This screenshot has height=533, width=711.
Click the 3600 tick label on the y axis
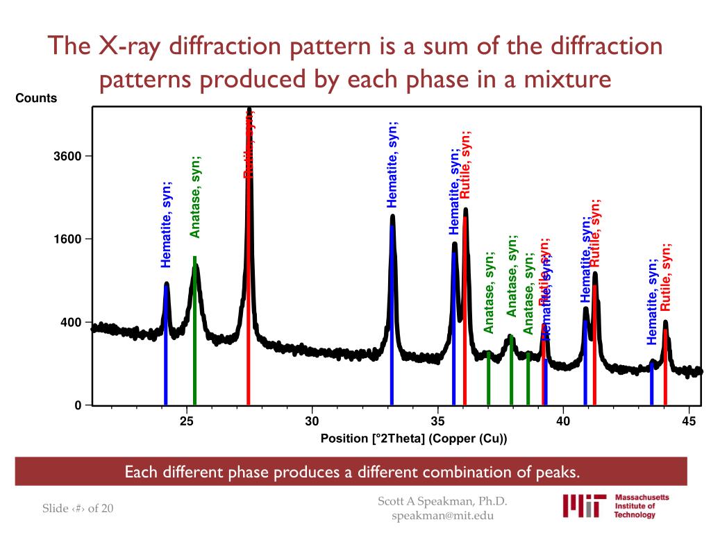(x=68, y=156)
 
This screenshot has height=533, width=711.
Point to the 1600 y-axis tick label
(x=68, y=239)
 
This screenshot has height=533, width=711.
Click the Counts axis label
(x=36, y=99)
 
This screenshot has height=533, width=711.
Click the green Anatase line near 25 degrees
(x=194, y=333)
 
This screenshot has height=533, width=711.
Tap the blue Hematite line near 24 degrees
(x=166, y=347)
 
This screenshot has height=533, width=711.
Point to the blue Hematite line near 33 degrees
(x=392, y=312)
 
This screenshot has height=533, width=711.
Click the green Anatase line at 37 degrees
(x=489, y=378)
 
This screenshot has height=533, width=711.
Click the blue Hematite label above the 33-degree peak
(x=392, y=164)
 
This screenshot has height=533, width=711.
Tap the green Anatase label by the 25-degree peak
(x=196, y=196)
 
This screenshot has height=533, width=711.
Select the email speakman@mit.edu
(x=443, y=516)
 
